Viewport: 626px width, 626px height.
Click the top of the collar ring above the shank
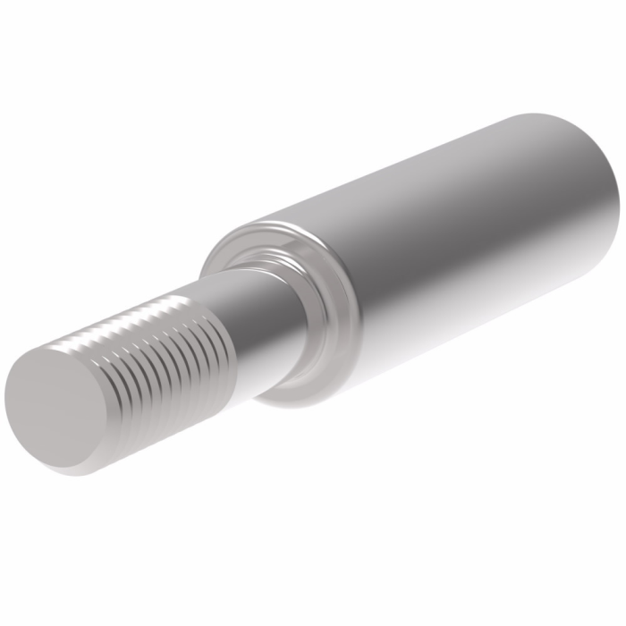pos(250,234)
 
